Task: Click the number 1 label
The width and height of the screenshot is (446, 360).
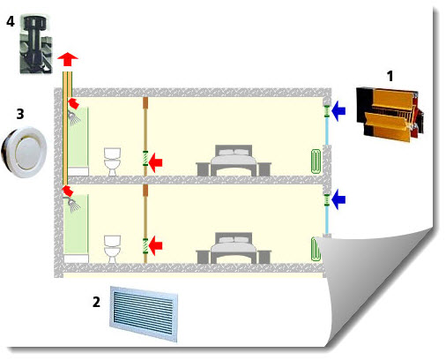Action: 390,76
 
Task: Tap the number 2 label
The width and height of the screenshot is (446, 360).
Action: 96,302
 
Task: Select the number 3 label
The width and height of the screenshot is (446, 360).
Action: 20,114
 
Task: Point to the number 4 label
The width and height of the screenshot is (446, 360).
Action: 11,21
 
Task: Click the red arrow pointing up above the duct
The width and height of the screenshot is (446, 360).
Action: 68,59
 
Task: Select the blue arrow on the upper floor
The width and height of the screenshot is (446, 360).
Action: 338,111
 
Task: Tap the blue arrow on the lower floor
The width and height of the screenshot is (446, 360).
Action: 338,199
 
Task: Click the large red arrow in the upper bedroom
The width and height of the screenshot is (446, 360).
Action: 155,162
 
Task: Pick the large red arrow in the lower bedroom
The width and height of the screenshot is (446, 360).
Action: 155,246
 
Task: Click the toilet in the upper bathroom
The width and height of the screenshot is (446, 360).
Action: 113,162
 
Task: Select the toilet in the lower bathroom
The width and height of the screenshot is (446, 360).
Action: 113,249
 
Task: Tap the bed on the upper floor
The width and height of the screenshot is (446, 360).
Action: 234,161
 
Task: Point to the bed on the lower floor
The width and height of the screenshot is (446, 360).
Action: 234,248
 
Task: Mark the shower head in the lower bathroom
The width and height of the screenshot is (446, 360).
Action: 73,205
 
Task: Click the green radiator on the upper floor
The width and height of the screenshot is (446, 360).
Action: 316,161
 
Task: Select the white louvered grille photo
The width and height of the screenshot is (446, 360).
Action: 144,314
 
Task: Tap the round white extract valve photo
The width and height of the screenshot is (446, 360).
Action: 24,152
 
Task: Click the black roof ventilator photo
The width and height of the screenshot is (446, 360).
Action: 36,44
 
